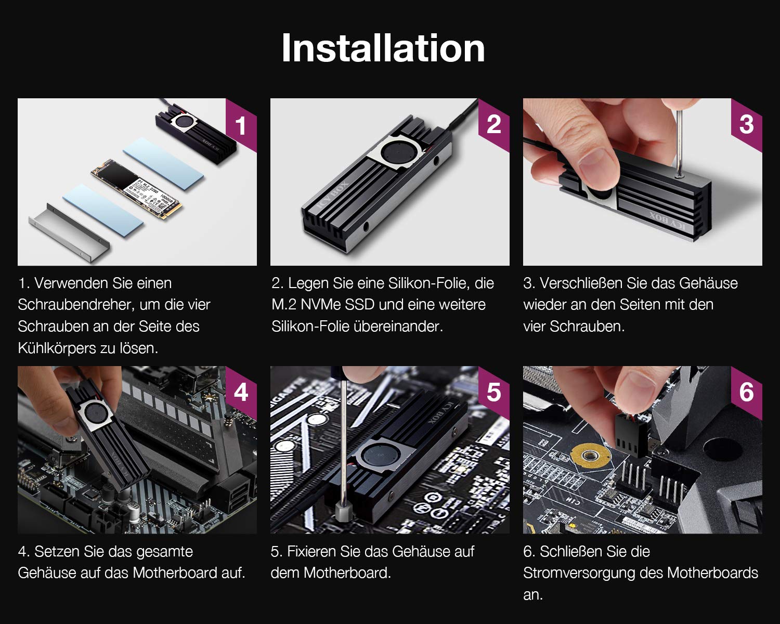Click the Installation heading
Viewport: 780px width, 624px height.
coord(383,48)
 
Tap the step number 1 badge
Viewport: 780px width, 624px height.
coord(241,125)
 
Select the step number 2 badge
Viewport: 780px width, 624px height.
coord(493,125)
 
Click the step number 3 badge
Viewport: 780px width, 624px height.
coord(746,125)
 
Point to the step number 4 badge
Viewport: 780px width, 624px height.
coord(241,393)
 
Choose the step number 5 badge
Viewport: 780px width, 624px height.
coord(493,393)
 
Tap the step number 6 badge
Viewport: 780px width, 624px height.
coord(746,393)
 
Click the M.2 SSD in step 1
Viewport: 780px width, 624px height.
coord(136,189)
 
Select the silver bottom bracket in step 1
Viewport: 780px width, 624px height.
coord(69,232)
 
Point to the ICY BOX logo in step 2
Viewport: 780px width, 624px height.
coord(333,194)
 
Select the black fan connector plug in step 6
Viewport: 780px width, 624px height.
coord(631,434)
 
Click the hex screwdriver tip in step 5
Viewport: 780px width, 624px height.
coord(343,511)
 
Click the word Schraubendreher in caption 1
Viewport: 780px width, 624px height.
coord(72,305)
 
